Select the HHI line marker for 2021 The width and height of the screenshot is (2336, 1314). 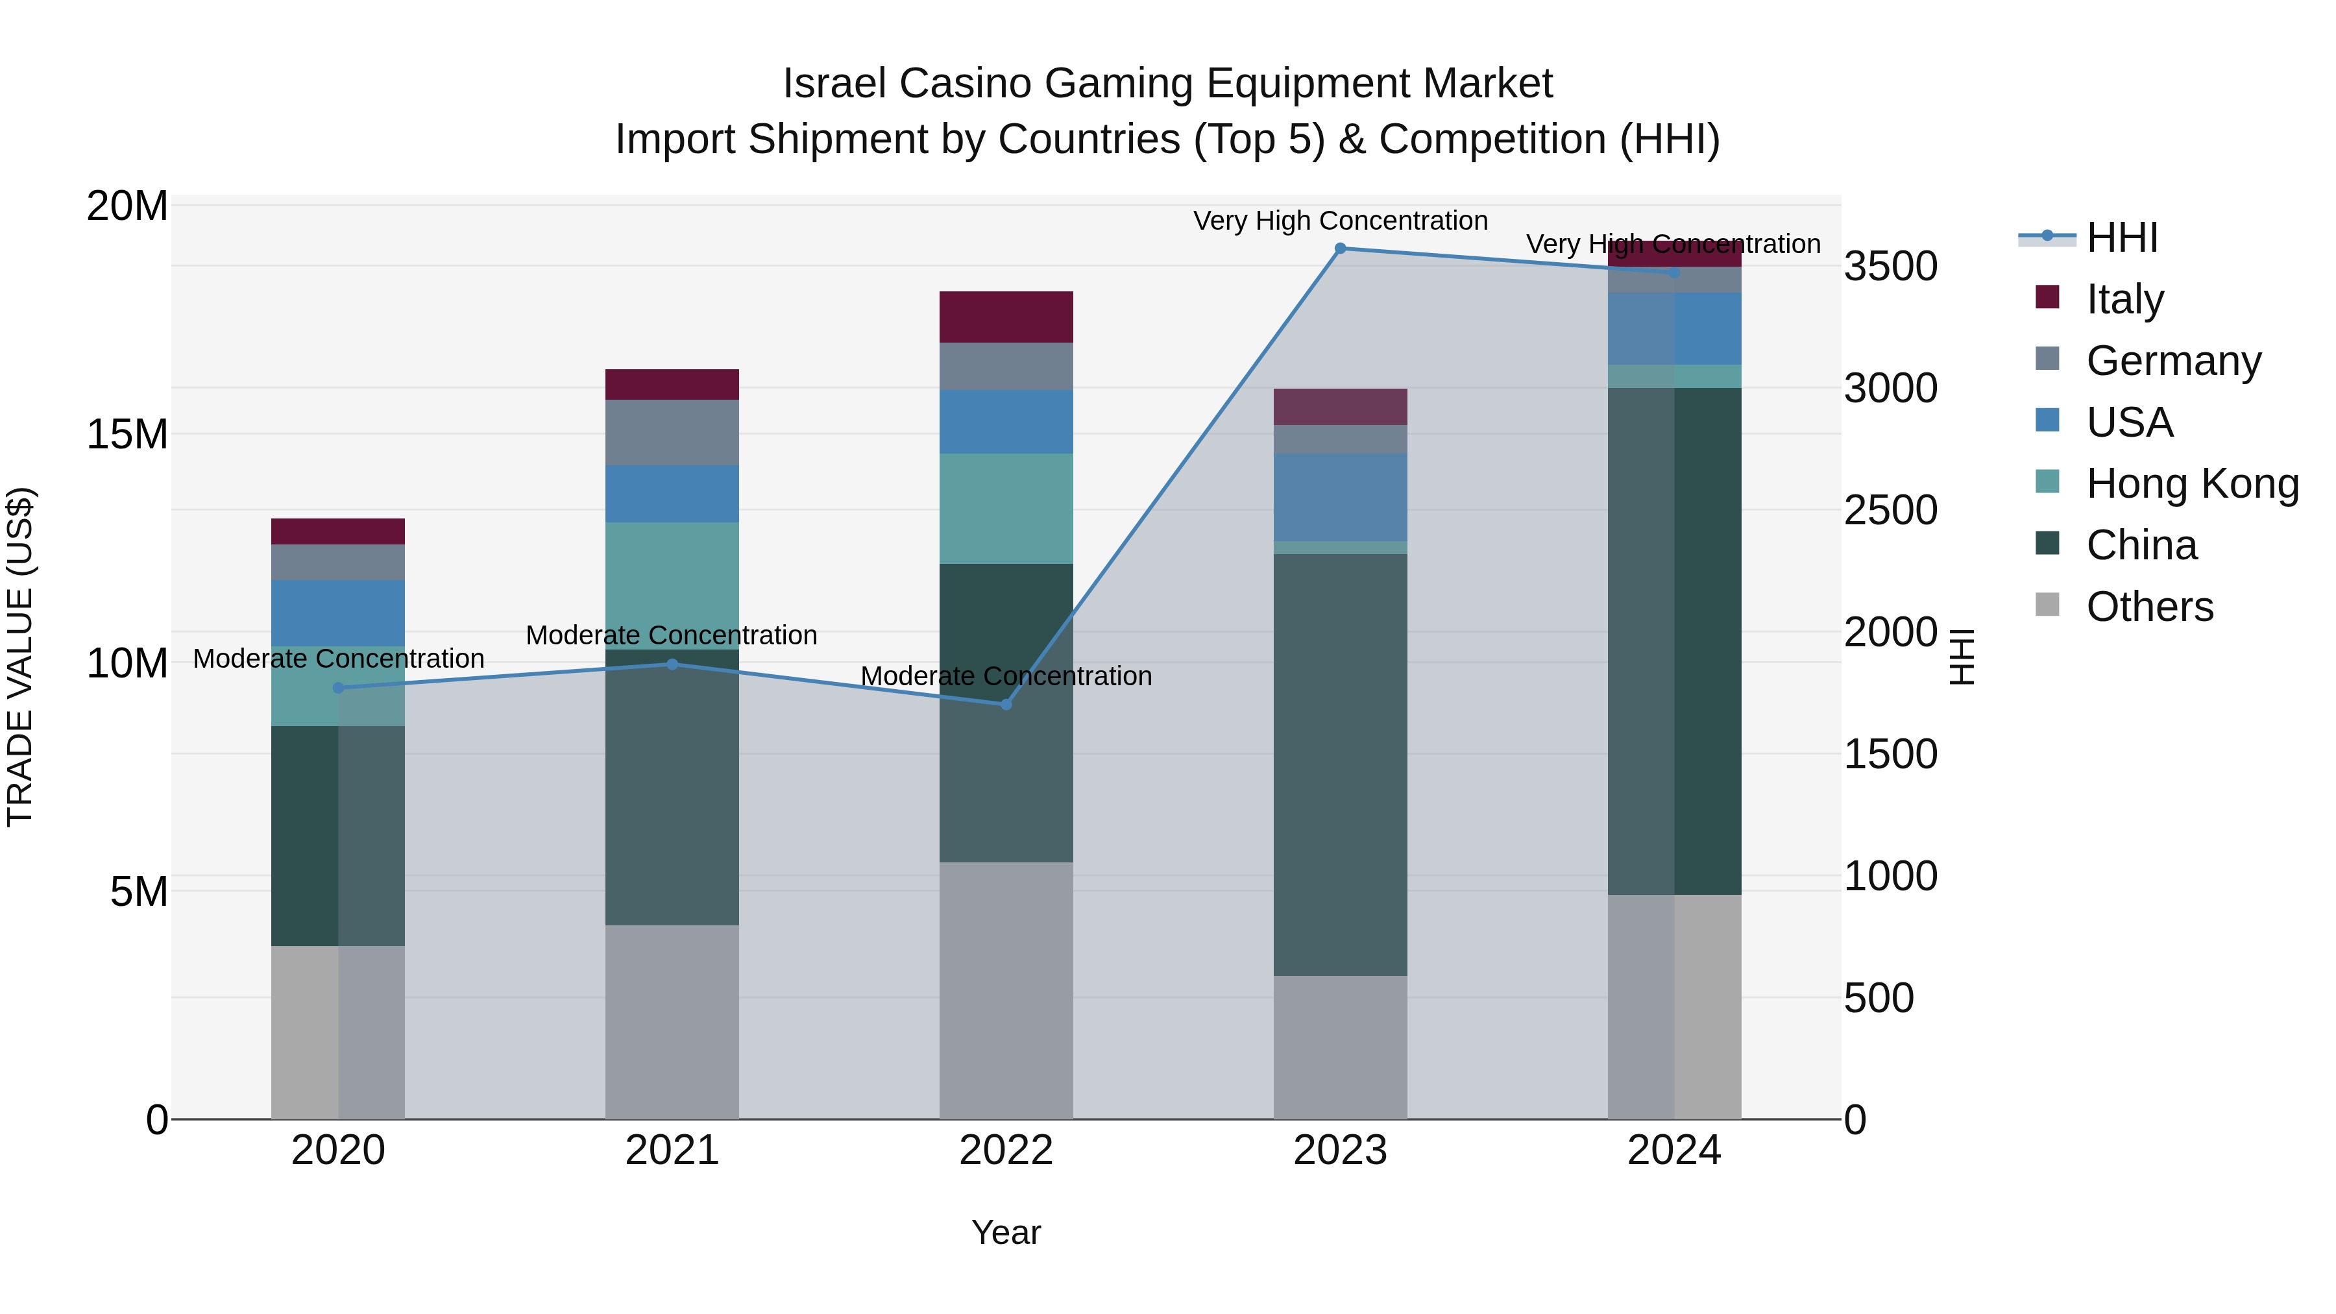(672, 664)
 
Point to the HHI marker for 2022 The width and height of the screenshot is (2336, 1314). (1006, 705)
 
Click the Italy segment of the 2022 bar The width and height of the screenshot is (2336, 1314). (1006, 317)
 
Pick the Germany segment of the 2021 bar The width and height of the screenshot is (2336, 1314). (672, 433)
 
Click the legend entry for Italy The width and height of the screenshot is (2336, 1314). (2124, 299)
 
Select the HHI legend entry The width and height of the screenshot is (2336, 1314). (2120, 237)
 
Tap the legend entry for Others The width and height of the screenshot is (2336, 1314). (2148, 607)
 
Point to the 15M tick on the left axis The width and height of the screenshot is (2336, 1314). (127, 434)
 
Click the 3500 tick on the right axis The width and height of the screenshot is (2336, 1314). (1891, 267)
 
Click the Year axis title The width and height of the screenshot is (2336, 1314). (1006, 1232)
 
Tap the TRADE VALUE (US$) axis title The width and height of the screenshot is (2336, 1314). (20, 657)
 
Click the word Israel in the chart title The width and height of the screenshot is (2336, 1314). (833, 84)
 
